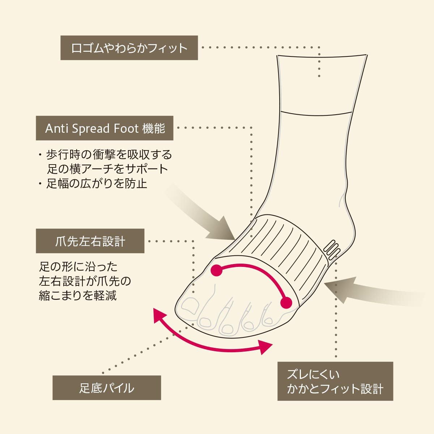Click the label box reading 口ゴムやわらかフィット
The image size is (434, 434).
[129, 47]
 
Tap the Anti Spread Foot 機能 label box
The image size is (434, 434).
[105, 128]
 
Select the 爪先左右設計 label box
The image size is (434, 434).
[90, 241]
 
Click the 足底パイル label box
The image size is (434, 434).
[107, 388]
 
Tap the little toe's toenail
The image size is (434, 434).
[268, 320]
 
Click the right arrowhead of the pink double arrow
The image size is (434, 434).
[266, 347]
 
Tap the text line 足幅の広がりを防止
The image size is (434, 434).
[97, 183]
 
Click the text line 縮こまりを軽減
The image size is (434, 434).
[78, 295]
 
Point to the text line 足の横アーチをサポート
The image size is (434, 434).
[107, 169]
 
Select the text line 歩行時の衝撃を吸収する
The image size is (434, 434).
[109, 155]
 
